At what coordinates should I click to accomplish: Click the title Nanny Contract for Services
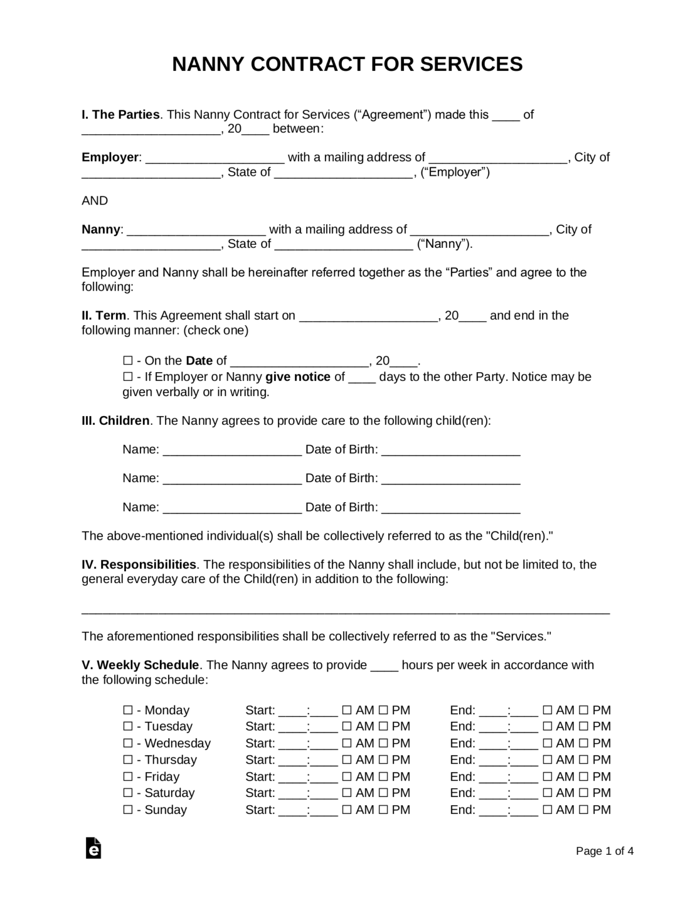pyautogui.click(x=347, y=64)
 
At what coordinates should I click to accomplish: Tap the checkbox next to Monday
pyautogui.click(x=128, y=710)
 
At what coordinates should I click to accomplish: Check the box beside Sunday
pyautogui.click(x=128, y=810)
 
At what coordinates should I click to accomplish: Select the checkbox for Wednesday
pyautogui.click(x=128, y=744)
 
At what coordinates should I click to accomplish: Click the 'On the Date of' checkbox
pyautogui.click(x=128, y=361)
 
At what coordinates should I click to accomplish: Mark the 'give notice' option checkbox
pyautogui.click(x=128, y=377)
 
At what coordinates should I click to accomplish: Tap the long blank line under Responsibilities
pyautogui.click(x=345, y=611)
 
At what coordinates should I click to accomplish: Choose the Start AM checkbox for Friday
pyautogui.click(x=347, y=777)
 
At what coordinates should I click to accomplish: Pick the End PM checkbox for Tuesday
pyautogui.click(x=584, y=727)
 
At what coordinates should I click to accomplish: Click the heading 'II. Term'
pyautogui.click(x=104, y=316)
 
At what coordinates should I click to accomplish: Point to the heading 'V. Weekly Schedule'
pyautogui.click(x=141, y=665)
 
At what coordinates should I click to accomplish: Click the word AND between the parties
pyautogui.click(x=95, y=201)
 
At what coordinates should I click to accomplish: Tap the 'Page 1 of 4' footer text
pyautogui.click(x=604, y=851)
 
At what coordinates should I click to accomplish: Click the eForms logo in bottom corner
pyautogui.click(x=93, y=848)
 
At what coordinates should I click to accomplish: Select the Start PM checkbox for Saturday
pyautogui.click(x=383, y=793)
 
